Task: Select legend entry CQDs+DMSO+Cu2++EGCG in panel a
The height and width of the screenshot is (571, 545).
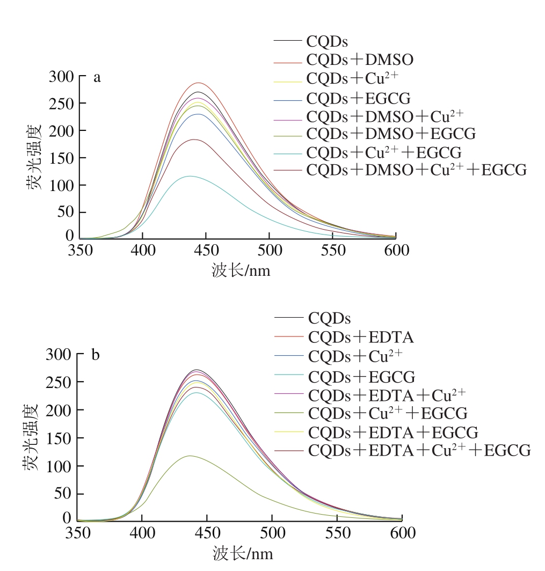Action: [416, 170]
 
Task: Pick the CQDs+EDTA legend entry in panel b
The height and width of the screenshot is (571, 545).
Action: [361, 338]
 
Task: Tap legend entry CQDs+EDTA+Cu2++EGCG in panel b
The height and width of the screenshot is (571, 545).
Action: [419, 450]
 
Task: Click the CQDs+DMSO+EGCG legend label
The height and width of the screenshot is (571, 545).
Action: [391, 134]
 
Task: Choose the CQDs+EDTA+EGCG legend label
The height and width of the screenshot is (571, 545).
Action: [393, 431]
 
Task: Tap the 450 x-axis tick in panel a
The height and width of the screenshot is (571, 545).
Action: [206, 251]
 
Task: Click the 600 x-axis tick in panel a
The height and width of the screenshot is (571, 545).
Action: [396, 251]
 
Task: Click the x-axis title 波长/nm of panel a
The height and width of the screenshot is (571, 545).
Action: [241, 270]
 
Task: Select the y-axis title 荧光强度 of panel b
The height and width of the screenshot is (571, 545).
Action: [31, 437]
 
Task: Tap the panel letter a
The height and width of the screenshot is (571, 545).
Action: [97, 78]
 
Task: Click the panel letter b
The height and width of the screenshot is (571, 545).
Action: [96, 355]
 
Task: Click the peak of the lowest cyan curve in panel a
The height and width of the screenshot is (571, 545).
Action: [190, 176]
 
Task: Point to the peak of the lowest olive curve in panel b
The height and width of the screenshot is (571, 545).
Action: [190, 456]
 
